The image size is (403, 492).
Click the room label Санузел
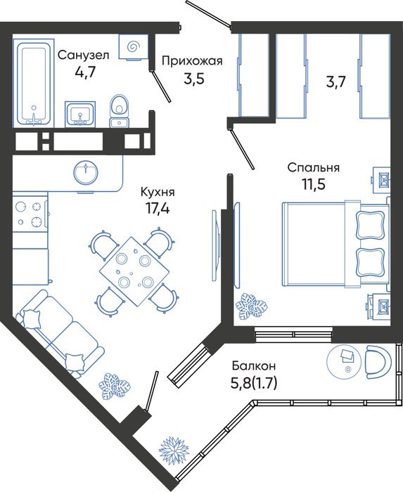84,56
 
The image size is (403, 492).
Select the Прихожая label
192,61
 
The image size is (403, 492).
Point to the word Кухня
158,192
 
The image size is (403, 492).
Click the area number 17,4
158,208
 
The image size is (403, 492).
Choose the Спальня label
314,167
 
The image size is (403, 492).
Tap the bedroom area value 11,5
314,184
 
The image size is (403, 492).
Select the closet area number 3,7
335,83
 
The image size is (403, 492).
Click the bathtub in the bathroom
34,83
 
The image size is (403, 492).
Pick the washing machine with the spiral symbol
134,47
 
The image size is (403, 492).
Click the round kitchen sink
86,173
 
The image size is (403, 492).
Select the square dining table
134,272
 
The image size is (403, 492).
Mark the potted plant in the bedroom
251,306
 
